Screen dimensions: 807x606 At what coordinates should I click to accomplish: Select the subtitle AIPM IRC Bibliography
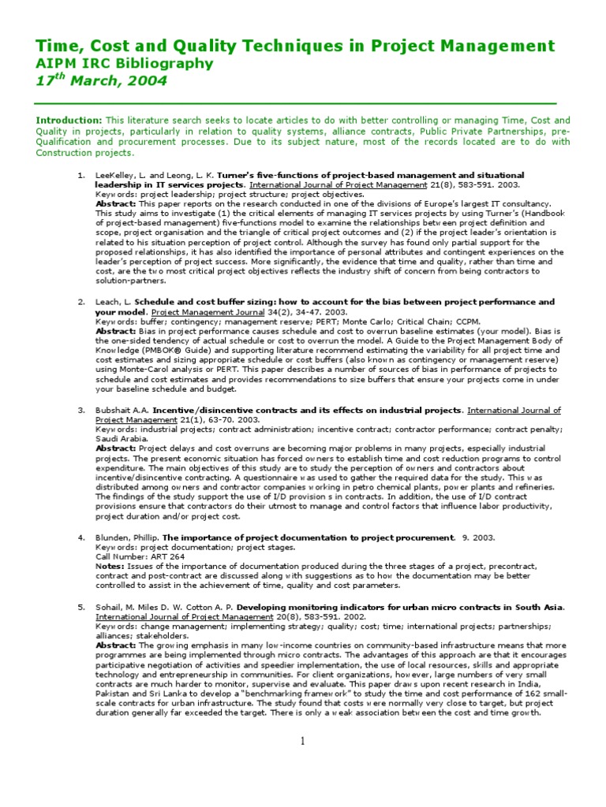pyautogui.click(x=125, y=64)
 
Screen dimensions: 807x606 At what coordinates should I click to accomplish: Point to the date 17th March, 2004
pyautogui.click(x=102, y=81)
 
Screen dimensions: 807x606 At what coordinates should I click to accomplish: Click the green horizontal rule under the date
pyautogui.click(x=296, y=103)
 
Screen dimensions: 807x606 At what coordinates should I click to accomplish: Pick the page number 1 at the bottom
pyautogui.click(x=302, y=741)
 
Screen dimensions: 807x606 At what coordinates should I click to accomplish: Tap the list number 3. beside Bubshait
pyautogui.click(x=81, y=411)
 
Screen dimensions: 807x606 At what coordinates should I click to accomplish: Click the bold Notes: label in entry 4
pyautogui.click(x=110, y=566)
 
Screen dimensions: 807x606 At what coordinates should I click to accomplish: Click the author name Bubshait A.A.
pyautogui.click(x=122, y=411)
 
